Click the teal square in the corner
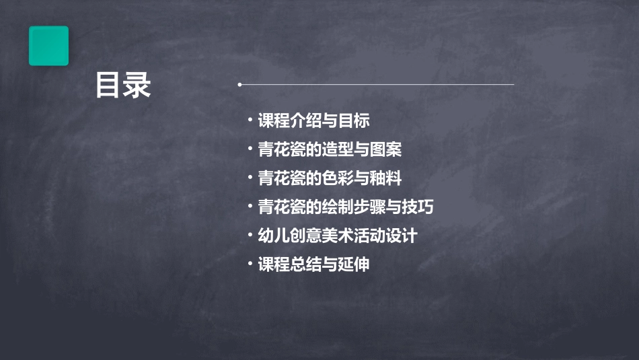(48, 46)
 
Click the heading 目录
(123, 85)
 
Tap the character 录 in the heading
(137, 85)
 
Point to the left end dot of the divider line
(239, 85)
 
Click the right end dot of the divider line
(513, 85)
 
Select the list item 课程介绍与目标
(313, 121)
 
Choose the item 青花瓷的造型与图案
(330, 149)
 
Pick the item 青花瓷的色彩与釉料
(330, 178)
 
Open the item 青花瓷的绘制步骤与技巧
(346, 207)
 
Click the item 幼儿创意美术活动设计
(338, 236)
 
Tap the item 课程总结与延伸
(313, 264)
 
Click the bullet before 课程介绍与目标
(250, 120)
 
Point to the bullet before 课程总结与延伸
(250, 264)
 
